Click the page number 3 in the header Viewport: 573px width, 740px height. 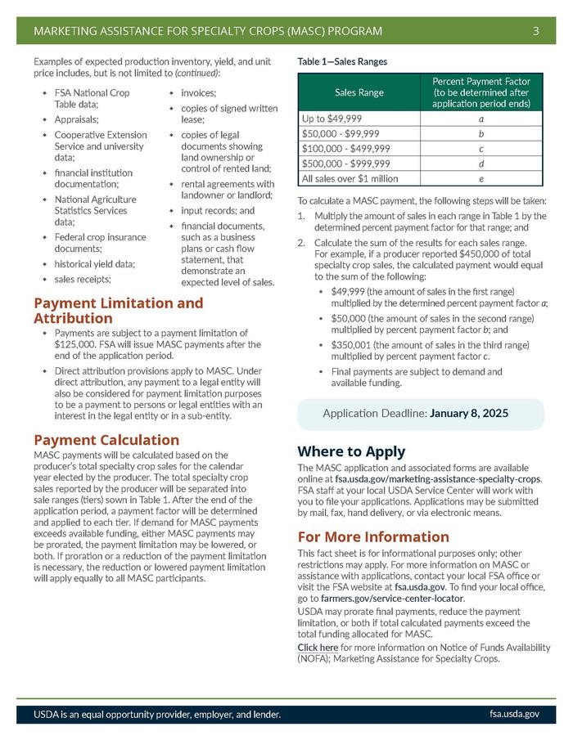pos(535,32)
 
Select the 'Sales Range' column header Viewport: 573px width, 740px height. pos(359,92)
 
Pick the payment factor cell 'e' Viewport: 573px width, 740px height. pos(481,178)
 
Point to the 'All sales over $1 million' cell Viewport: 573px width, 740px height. pos(350,178)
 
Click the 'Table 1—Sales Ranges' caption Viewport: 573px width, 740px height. pos(342,61)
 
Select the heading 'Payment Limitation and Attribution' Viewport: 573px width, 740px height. pos(118,311)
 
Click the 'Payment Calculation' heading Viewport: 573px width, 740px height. pos(106,440)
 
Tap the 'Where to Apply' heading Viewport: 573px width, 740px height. pos(351,451)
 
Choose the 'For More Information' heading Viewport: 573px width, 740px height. pos(373,536)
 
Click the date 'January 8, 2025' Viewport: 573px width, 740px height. pos(469,414)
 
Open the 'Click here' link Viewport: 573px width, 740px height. pos(318,647)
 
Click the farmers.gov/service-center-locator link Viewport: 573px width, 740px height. pos(392,599)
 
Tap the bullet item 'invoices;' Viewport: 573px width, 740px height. pos(198,93)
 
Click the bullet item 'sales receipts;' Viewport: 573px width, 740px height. pos(83,279)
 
